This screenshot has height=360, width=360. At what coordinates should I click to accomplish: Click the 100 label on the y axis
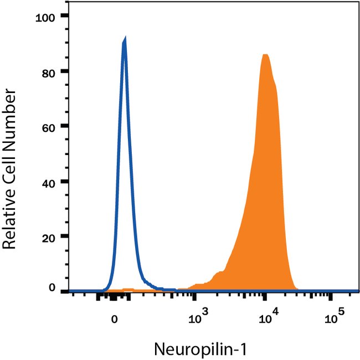[45, 17]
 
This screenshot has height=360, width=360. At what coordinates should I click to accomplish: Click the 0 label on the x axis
[114, 318]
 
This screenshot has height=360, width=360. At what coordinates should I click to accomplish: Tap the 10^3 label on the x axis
[197, 317]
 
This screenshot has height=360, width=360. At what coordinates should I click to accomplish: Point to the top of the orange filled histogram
[266, 55]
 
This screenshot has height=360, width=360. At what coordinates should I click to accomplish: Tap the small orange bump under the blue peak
[128, 289]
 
